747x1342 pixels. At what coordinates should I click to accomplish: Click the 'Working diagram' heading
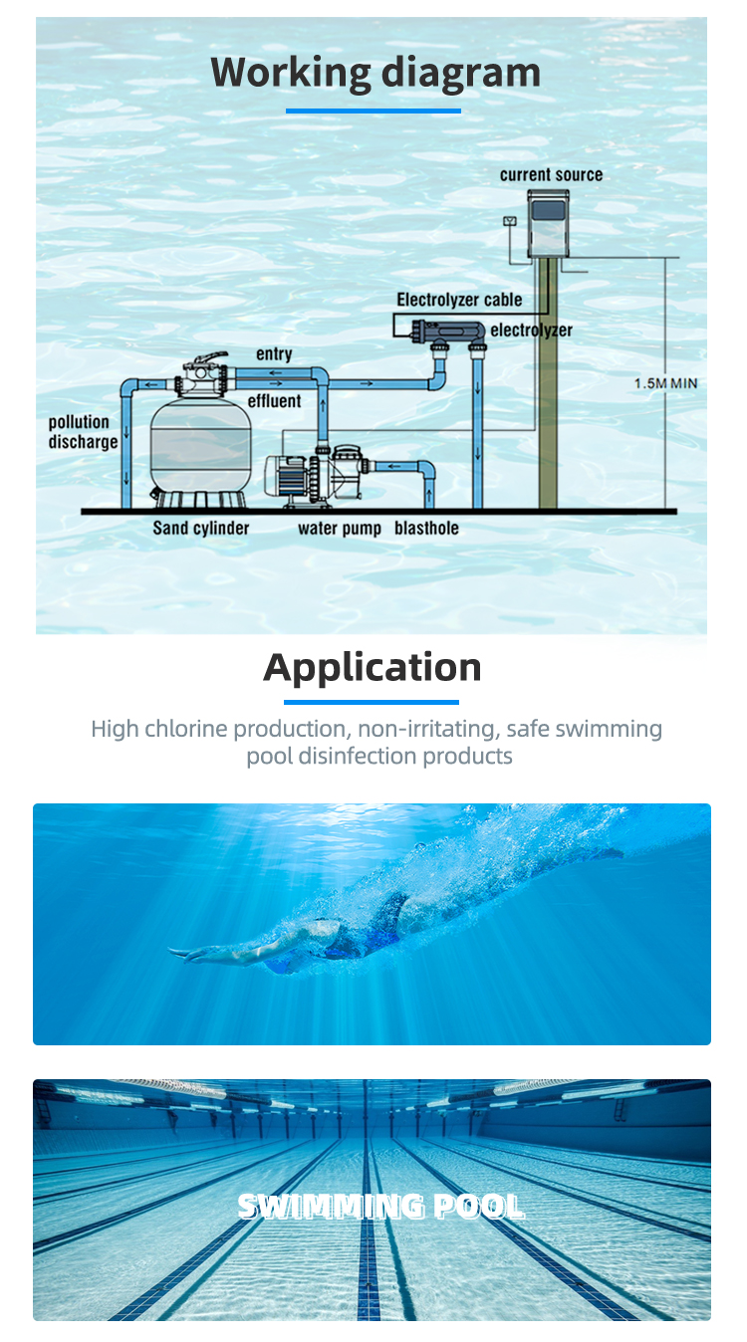tap(374, 74)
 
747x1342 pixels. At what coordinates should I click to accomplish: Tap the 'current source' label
tap(551, 175)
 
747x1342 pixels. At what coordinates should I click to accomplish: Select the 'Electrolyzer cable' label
tap(459, 300)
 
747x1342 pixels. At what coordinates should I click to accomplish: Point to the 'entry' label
tap(274, 354)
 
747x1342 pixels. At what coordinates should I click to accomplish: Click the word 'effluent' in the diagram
tap(274, 401)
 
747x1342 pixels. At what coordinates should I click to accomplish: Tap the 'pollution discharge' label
tap(83, 432)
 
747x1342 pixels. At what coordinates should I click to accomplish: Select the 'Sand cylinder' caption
tap(200, 529)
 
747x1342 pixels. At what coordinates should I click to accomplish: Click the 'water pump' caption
tap(339, 529)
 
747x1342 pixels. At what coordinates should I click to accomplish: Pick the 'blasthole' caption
tap(426, 529)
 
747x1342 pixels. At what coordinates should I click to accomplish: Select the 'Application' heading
tap(373, 667)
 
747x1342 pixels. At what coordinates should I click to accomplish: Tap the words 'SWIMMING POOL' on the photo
tap(380, 1207)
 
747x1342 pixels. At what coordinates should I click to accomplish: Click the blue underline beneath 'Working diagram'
tap(373, 111)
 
